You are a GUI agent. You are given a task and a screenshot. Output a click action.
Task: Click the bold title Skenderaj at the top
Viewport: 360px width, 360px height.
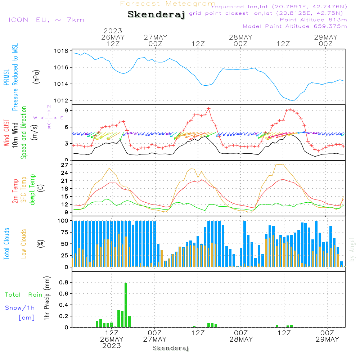[x=156, y=15]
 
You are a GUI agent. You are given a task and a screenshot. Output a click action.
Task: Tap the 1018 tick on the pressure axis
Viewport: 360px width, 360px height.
[x=61, y=51]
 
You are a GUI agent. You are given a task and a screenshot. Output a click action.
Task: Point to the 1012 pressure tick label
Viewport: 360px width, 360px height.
[x=61, y=100]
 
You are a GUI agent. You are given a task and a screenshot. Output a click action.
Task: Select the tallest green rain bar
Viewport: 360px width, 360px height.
[x=126, y=305]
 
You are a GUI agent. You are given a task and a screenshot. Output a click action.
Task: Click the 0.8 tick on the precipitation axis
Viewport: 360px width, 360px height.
[x=64, y=282]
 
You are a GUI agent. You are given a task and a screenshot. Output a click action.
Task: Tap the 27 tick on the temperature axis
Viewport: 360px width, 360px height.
[x=65, y=165]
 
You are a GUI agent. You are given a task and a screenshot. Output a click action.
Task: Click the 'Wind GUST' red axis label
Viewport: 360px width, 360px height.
[x=6, y=133]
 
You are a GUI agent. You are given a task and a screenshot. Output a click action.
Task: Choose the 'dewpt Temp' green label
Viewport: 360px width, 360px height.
[x=32, y=189]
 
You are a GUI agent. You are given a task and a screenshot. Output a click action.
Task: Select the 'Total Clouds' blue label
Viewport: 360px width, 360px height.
[x=6, y=244]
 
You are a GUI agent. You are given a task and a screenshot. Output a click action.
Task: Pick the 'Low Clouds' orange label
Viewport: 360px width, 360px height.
[x=23, y=244]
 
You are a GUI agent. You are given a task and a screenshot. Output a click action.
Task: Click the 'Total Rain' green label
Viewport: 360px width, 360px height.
[x=24, y=295]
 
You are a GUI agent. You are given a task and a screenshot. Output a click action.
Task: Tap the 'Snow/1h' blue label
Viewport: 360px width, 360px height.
[x=20, y=308]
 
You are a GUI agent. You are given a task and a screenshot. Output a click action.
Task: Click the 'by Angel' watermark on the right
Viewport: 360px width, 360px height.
[x=352, y=250]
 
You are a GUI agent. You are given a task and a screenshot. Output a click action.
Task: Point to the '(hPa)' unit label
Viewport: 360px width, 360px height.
[x=36, y=77]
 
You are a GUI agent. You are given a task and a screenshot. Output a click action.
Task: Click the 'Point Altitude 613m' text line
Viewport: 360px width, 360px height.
[x=313, y=20]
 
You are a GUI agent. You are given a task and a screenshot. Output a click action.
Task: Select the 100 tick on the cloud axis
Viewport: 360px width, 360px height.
[x=63, y=221]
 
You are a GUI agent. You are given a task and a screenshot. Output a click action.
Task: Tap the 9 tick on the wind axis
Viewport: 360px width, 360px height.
[x=67, y=111]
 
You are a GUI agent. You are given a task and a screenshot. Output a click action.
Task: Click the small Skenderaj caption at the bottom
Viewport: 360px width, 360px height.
[x=171, y=348]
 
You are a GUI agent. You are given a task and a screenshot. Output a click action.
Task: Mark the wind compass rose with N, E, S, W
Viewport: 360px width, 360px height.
[x=49, y=118]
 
